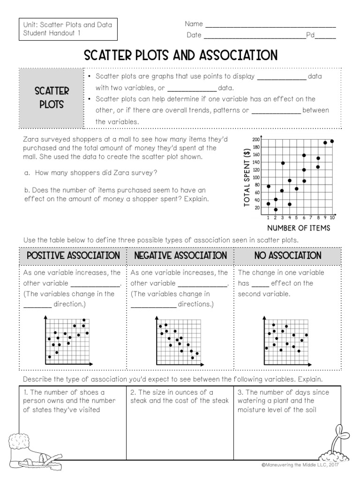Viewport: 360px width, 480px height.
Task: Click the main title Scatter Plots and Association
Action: (180, 55)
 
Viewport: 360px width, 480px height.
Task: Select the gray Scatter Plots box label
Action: (52, 97)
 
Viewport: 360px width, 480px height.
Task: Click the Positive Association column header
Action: (73, 256)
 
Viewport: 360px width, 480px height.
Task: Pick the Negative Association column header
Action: (180, 256)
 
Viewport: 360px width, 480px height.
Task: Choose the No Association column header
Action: (288, 256)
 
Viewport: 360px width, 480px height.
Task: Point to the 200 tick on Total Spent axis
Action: (256, 140)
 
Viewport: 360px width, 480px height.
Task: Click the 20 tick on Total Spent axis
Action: (256, 208)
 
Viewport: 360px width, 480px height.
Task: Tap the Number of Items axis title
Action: (299, 228)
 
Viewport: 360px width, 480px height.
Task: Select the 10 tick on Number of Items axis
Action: (332, 218)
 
